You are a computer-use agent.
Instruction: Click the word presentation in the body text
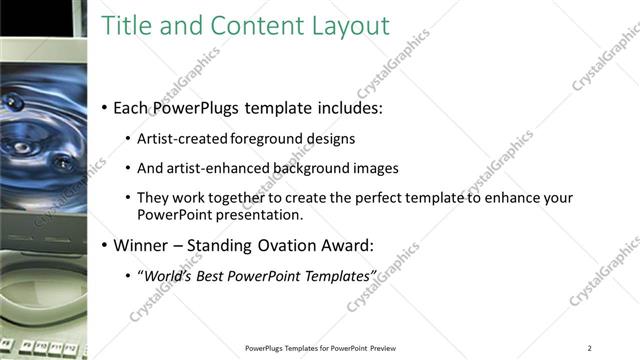(x=251, y=214)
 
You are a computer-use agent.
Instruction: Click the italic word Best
(x=216, y=275)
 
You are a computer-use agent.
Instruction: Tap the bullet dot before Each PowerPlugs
(x=106, y=108)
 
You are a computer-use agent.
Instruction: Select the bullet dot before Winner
(x=106, y=245)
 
